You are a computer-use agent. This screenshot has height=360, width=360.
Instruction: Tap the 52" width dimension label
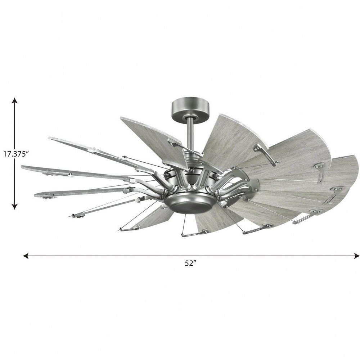pos(190,264)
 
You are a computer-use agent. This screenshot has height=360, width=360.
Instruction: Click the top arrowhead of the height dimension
pos(15,100)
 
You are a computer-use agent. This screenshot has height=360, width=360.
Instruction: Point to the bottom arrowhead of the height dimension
pos(15,206)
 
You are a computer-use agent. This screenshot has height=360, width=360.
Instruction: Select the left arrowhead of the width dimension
pos(26,256)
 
